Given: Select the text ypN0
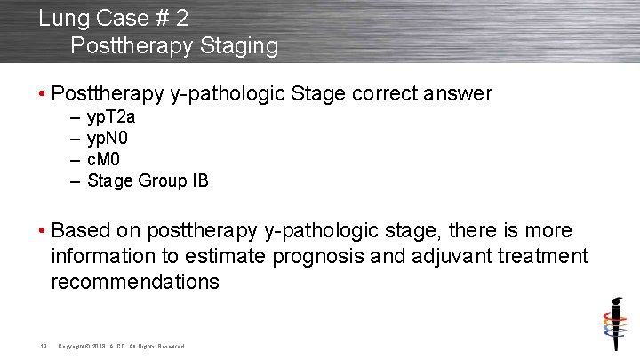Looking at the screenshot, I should [x=109, y=138].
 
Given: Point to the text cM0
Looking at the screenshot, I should [x=104, y=159].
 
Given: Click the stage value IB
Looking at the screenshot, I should [x=200, y=180].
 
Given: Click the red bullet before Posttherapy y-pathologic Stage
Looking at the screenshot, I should [x=44, y=93].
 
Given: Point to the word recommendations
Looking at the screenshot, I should [x=134, y=282].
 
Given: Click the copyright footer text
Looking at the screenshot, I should [x=121, y=346].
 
